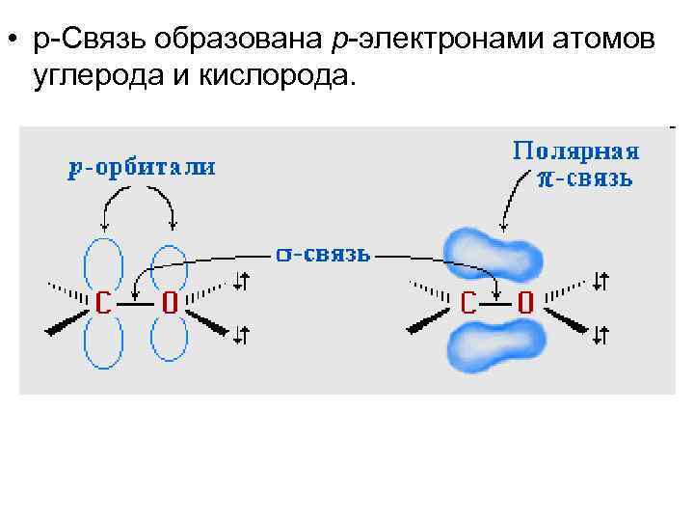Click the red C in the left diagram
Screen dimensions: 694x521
(x=102, y=303)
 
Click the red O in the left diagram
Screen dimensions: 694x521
(x=168, y=303)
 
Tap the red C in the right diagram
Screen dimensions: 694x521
(x=467, y=303)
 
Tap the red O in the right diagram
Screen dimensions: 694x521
(x=525, y=303)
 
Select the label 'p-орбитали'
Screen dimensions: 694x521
(x=142, y=169)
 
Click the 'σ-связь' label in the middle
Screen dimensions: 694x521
(x=322, y=254)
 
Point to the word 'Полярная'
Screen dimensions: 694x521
(x=575, y=151)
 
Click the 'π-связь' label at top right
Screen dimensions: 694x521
(x=585, y=178)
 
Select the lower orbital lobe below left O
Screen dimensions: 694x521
(x=168, y=343)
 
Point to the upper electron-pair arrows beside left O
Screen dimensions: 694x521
(x=242, y=281)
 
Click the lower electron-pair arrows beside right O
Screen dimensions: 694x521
(x=601, y=334)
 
